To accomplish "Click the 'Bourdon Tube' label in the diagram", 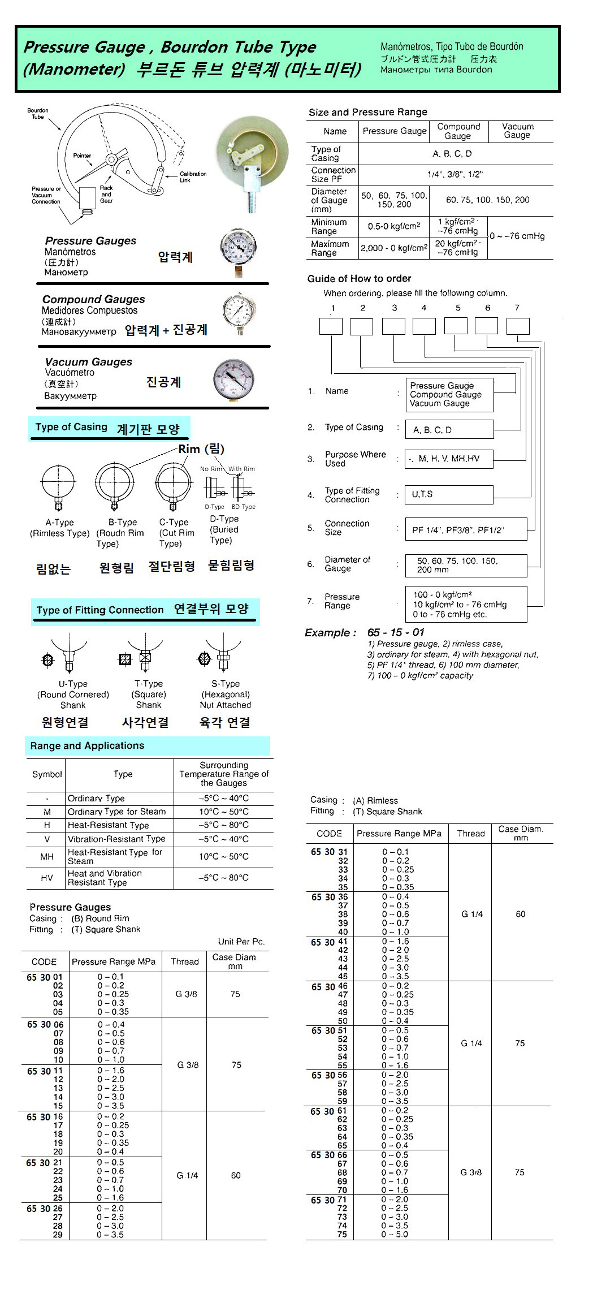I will tap(37, 113).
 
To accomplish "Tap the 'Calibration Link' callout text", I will tap(193, 176).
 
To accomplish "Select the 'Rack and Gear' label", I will tap(106, 194).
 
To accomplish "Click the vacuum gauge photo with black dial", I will tap(234, 380).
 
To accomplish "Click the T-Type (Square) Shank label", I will tap(149, 694).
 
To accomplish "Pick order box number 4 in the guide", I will tap(424, 326).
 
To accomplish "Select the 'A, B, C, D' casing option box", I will tap(449, 430).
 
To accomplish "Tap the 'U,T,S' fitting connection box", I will tap(449, 494).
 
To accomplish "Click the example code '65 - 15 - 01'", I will tap(395, 632).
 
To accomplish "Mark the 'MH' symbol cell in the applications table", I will tap(47, 857).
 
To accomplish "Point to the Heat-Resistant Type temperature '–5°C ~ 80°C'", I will tap(223, 825).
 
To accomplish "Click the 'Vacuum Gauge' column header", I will tap(517, 131).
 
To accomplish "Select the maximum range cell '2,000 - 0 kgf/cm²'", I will tap(394, 248).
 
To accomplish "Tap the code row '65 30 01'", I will tap(45, 977).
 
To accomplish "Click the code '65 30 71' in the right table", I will tap(329, 1200).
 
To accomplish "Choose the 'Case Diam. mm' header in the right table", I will tap(521, 833).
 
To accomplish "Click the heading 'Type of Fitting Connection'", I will tap(100, 610).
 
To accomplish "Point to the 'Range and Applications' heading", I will tap(88, 745).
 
